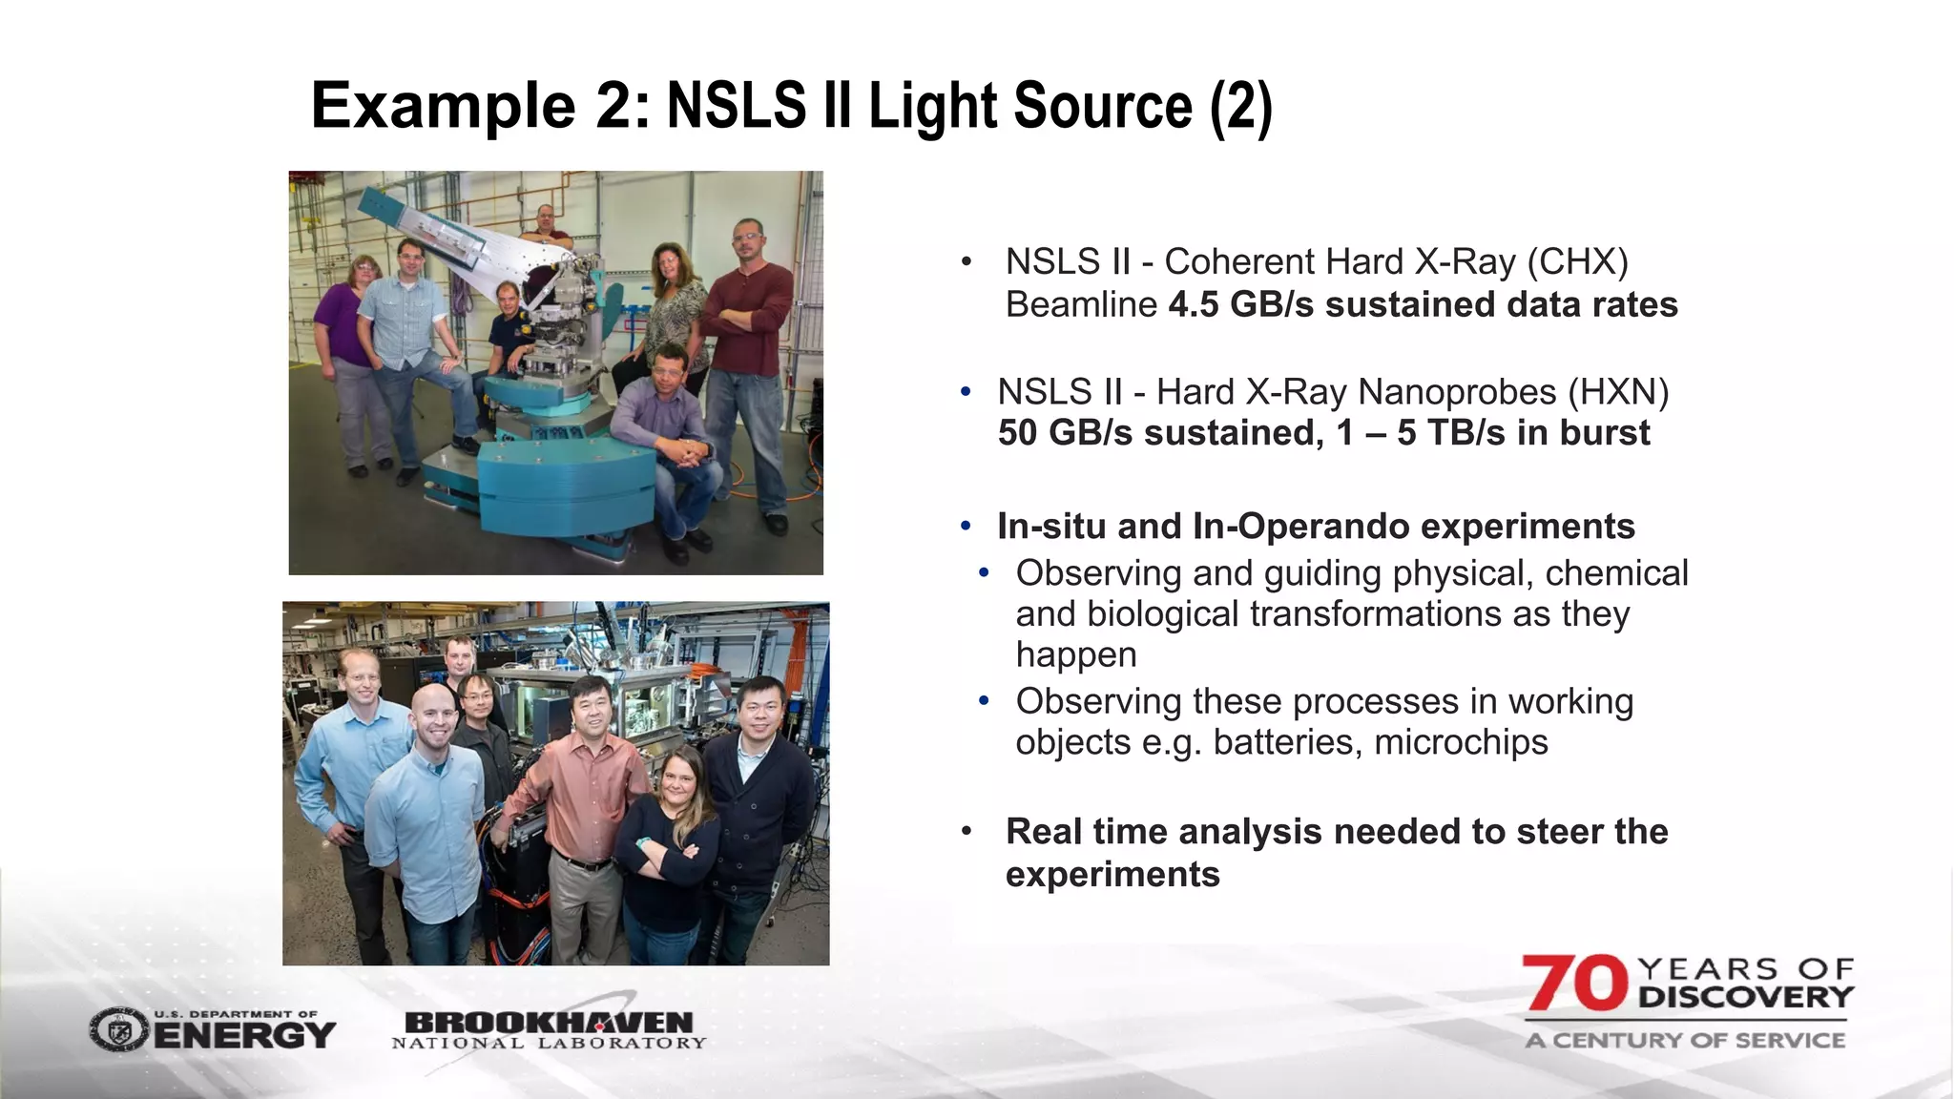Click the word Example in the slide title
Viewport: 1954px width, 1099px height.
click(443, 106)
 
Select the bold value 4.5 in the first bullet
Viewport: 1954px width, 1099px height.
click(1194, 305)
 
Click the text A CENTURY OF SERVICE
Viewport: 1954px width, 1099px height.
click(1685, 1041)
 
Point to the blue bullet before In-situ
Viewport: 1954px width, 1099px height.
click(966, 527)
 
